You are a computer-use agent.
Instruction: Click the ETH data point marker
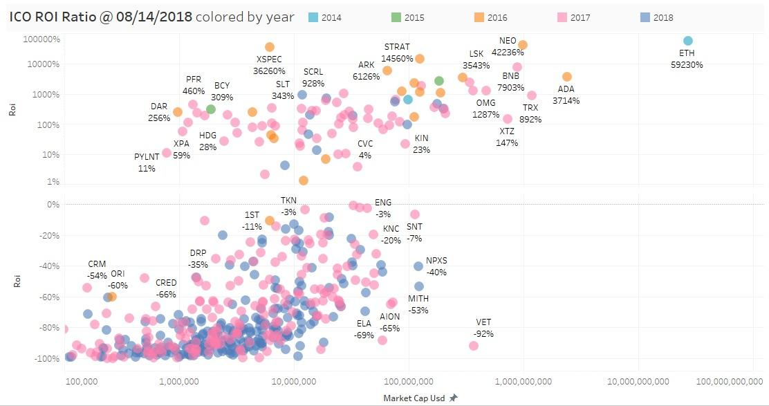[687, 41]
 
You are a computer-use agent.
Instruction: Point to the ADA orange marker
[567, 77]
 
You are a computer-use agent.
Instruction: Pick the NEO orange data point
[523, 45]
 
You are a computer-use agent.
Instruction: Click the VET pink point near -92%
[474, 346]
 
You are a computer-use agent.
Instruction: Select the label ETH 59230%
[687, 59]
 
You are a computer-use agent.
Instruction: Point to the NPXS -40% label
[436, 266]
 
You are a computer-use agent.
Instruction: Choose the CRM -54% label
[97, 270]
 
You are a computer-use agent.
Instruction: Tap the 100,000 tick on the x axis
[82, 381]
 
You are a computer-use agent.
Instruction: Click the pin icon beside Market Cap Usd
[454, 398]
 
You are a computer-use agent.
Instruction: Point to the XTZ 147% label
[507, 137]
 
